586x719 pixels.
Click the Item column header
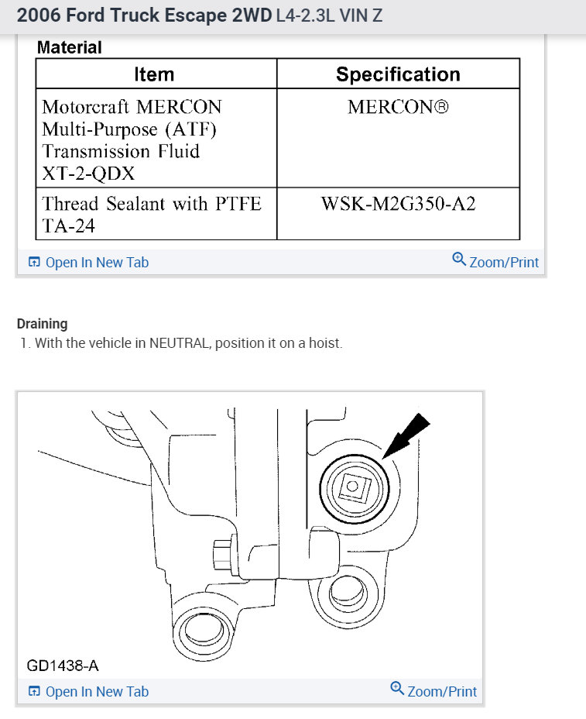click(154, 74)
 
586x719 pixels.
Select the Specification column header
click(398, 74)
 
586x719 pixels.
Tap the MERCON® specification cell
click(398, 107)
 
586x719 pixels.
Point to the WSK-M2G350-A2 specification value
click(398, 204)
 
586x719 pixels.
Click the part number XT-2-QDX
click(88, 174)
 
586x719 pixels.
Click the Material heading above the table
click(70, 47)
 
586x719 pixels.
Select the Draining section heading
click(42, 324)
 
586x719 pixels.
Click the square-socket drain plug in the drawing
click(352, 487)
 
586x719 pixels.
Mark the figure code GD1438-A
click(63, 665)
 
